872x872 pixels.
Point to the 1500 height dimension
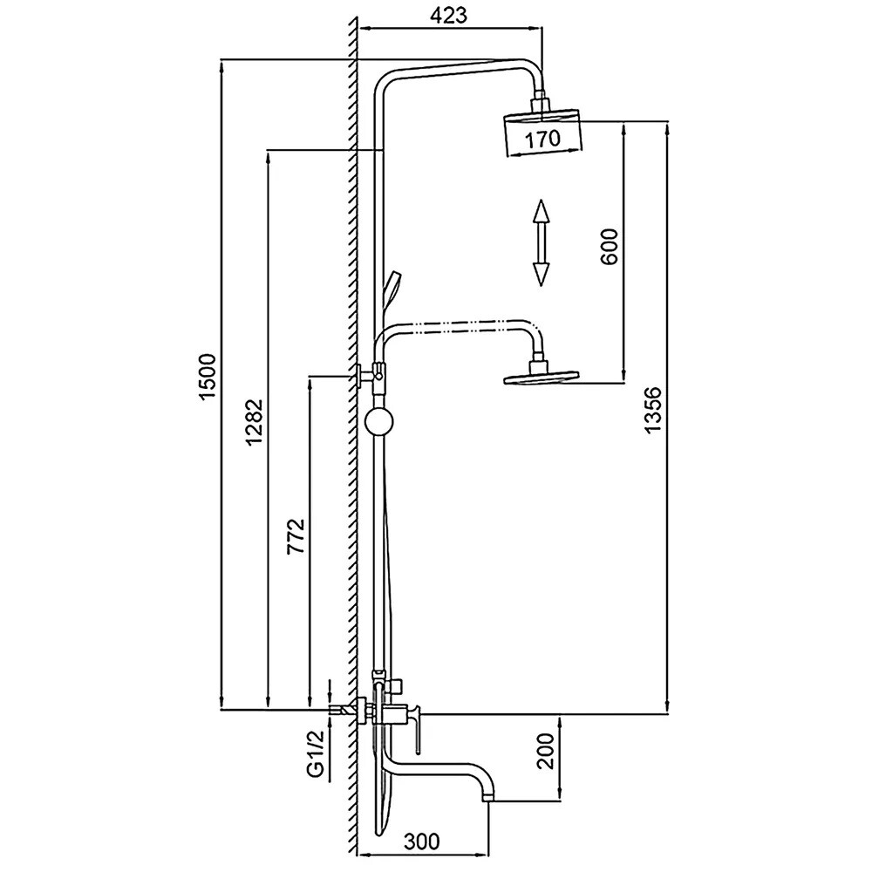[207, 378]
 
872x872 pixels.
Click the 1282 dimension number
[254, 421]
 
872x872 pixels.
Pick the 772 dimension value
[296, 537]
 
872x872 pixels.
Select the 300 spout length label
[422, 841]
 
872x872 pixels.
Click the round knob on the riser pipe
[379, 423]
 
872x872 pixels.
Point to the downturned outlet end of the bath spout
[491, 792]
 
